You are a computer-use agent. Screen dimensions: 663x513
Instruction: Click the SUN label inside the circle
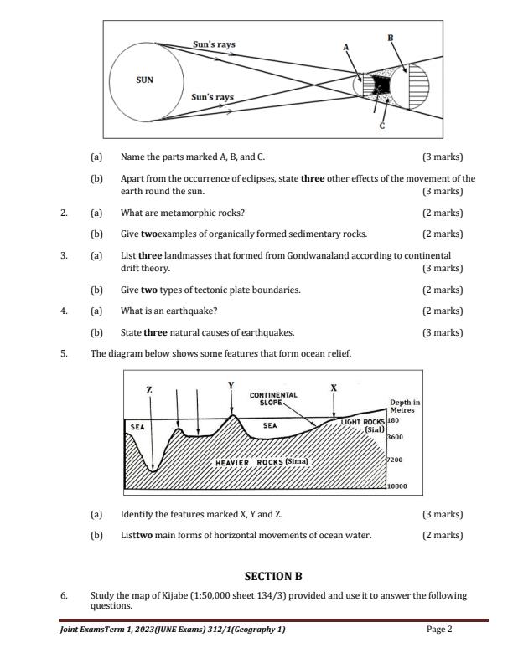click(x=145, y=80)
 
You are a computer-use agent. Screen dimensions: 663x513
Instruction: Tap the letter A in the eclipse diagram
click(x=345, y=48)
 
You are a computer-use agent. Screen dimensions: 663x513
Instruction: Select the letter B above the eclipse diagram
click(x=390, y=38)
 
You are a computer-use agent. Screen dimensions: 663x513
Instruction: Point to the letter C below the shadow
click(x=382, y=126)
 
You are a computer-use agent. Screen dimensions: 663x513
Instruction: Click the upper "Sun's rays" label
click(x=214, y=44)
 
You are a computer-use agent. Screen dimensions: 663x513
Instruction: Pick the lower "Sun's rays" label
click(x=212, y=97)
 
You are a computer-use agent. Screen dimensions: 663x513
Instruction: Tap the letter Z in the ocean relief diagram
click(x=149, y=390)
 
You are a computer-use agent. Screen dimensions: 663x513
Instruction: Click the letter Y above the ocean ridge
click(x=231, y=385)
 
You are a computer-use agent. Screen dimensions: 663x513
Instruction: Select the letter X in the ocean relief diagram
click(x=334, y=388)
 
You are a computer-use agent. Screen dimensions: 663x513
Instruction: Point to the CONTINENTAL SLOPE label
click(x=273, y=398)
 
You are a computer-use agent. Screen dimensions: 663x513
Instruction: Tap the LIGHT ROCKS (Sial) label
click(x=363, y=424)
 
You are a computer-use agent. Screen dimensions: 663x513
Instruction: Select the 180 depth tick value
click(x=393, y=420)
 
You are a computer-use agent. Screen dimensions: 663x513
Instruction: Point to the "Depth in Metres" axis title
click(x=405, y=406)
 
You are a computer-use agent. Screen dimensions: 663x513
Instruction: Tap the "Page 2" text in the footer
click(x=439, y=630)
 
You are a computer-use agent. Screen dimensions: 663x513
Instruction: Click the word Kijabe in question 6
click(x=179, y=595)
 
